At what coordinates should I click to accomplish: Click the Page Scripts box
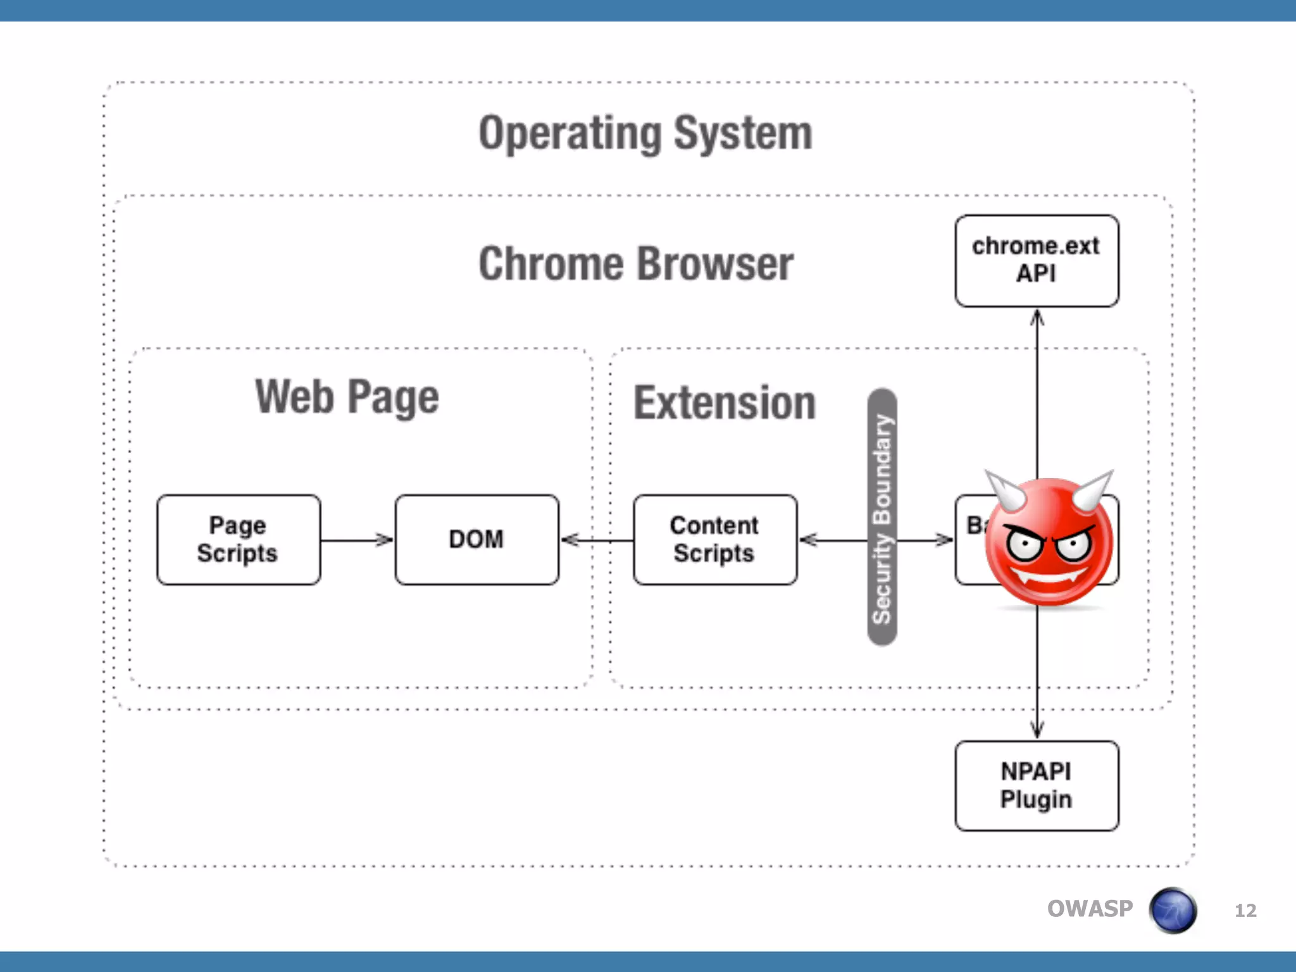click(x=238, y=540)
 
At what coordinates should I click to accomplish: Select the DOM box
click(x=477, y=540)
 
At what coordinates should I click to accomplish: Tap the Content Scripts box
click(x=714, y=540)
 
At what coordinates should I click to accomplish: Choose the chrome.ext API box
click(x=1037, y=261)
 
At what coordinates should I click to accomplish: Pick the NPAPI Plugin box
click(x=1037, y=786)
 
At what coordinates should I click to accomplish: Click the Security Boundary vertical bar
click(x=882, y=518)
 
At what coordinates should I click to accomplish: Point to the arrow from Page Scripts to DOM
click(x=357, y=540)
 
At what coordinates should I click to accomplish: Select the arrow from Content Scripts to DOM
click(x=598, y=540)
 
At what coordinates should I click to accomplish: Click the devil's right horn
click(x=1093, y=489)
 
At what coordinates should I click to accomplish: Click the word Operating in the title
click(x=570, y=134)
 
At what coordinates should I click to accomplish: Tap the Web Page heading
click(x=347, y=397)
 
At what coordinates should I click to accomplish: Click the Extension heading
click(x=725, y=403)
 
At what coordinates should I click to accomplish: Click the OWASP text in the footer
click(x=1090, y=909)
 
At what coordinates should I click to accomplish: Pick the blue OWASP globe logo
click(x=1173, y=911)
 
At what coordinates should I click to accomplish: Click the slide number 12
click(x=1245, y=911)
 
